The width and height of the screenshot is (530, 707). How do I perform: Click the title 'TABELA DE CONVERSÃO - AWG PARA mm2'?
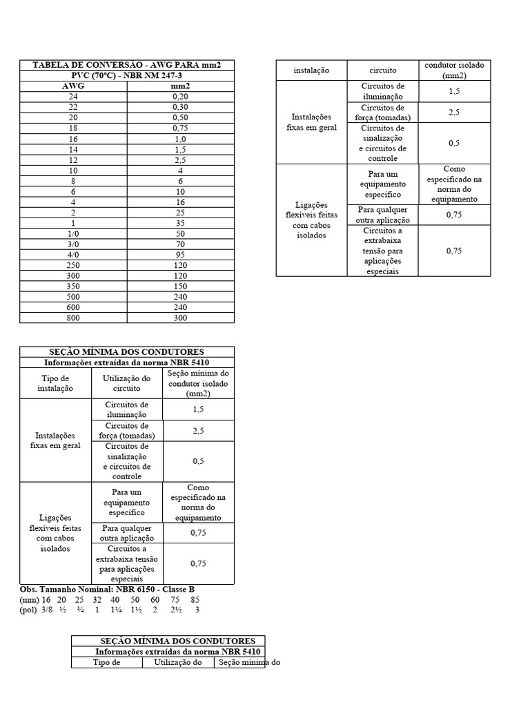[126, 65]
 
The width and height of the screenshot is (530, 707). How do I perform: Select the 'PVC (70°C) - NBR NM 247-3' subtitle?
[126, 75]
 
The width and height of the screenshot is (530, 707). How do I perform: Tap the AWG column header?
[73, 86]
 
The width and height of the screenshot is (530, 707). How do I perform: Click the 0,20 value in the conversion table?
[180, 97]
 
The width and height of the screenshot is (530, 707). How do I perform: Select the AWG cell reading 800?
[73, 318]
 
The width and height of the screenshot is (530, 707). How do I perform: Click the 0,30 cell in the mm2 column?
[180, 107]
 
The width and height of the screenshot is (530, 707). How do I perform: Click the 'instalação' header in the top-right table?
[311, 70]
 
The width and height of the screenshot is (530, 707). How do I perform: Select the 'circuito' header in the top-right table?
[383, 70]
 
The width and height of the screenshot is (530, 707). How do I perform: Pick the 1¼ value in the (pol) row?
[115, 610]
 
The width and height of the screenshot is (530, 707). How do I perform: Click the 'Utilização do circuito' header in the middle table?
[126, 383]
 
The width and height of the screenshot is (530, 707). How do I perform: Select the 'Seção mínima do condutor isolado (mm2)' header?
[198, 383]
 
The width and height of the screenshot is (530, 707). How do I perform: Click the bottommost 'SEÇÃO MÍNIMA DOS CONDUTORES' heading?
[168, 641]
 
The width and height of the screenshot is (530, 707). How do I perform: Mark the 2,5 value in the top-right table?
[454, 113]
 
